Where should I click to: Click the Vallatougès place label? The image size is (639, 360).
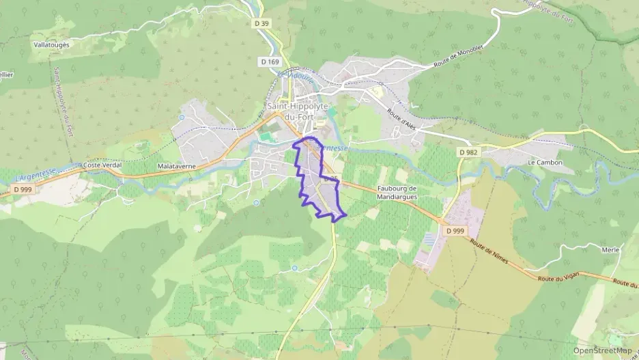click(x=51, y=44)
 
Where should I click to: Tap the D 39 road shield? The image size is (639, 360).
click(x=261, y=23)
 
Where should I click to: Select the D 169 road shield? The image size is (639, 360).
click(x=270, y=61)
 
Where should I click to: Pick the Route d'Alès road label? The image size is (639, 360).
click(x=401, y=119)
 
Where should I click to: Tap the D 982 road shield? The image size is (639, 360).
click(x=468, y=152)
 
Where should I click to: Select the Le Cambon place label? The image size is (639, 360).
click(x=545, y=163)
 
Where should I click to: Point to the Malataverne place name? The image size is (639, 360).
click(x=177, y=165)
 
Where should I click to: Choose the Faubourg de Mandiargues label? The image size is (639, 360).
click(x=397, y=193)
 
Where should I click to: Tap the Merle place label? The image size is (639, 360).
click(x=610, y=250)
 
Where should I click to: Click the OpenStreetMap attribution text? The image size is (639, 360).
click(x=602, y=350)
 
